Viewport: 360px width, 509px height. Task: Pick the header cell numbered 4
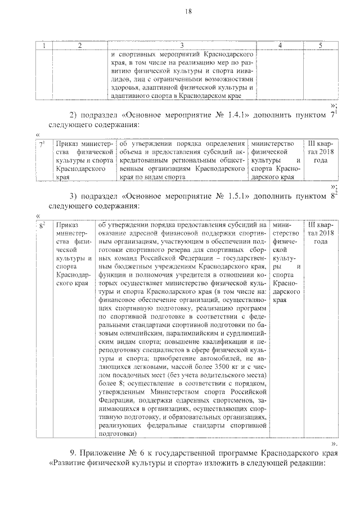pyautogui.click(x=280, y=45)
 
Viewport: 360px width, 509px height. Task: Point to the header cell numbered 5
pyautogui.click(x=319, y=45)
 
